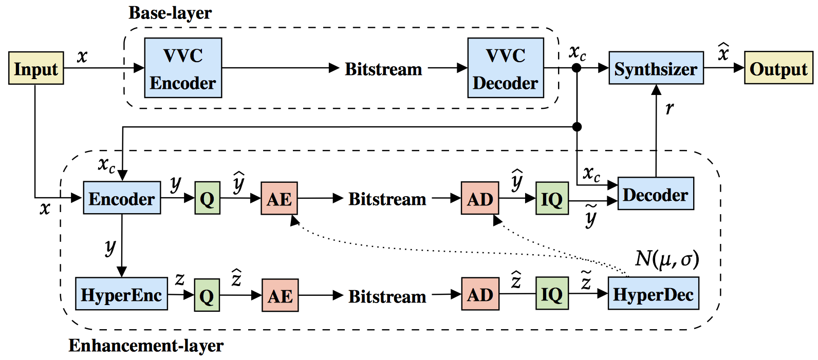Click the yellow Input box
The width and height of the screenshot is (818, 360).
[x=36, y=68]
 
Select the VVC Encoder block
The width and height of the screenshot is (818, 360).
[x=183, y=68]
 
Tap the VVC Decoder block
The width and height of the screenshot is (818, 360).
[x=506, y=68]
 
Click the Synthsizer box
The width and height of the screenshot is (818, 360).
[x=656, y=68]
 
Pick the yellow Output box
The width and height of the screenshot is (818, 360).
[x=778, y=68]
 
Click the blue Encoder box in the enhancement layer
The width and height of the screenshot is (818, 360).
[x=122, y=198]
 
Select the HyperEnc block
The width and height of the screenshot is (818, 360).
[x=121, y=294]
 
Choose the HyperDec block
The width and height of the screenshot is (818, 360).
[x=653, y=294]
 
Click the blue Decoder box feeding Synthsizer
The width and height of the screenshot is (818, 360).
[x=656, y=194]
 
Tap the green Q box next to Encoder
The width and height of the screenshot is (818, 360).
[x=207, y=198]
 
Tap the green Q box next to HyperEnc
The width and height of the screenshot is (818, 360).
[x=207, y=295]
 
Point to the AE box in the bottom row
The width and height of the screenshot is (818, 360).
[x=280, y=295]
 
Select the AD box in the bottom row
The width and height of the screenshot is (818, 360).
[x=480, y=294]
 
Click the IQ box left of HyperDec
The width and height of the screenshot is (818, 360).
[x=552, y=294]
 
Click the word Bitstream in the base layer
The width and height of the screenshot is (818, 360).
[x=383, y=69]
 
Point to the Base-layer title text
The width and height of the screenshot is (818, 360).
[x=170, y=13]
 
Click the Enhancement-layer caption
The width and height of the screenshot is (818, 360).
[x=146, y=346]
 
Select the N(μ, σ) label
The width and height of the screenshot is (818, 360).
[x=667, y=259]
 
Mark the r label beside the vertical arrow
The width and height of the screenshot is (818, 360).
[x=669, y=108]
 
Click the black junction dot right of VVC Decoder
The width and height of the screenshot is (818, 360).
[x=577, y=68]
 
